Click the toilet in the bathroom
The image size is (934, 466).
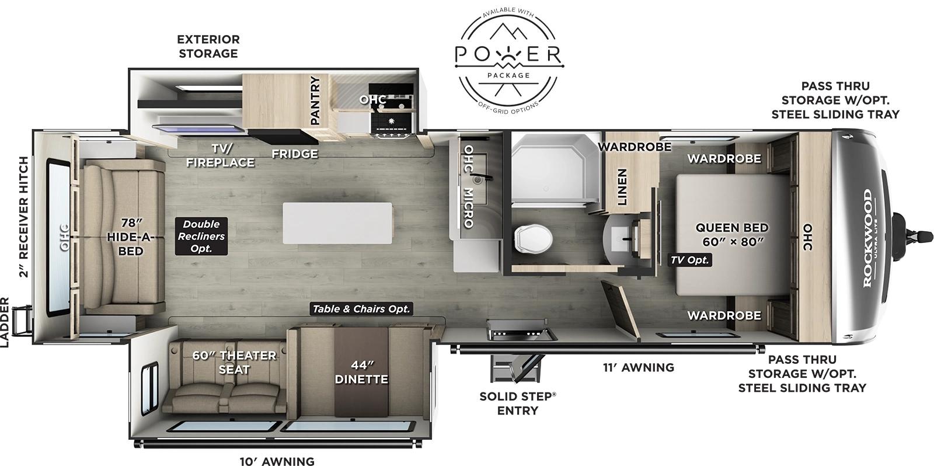(532, 238)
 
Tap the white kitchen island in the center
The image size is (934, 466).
(337, 223)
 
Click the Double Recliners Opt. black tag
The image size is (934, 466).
(201, 236)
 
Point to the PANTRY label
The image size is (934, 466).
(315, 100)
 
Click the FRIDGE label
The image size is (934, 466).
(295, 154)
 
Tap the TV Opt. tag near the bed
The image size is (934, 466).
(689, 260)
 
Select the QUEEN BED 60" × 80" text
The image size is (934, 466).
(731, 234)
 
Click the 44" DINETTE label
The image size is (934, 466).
(361, 372)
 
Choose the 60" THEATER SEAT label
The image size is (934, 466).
(234, 362)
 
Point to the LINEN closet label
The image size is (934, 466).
(622, 187)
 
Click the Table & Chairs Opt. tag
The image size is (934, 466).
(361, 309)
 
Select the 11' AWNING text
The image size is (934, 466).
(638, 367)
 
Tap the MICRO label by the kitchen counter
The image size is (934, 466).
(468, 208)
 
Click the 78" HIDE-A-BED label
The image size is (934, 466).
(131, 237)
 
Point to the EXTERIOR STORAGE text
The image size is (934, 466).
(208, 46)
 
